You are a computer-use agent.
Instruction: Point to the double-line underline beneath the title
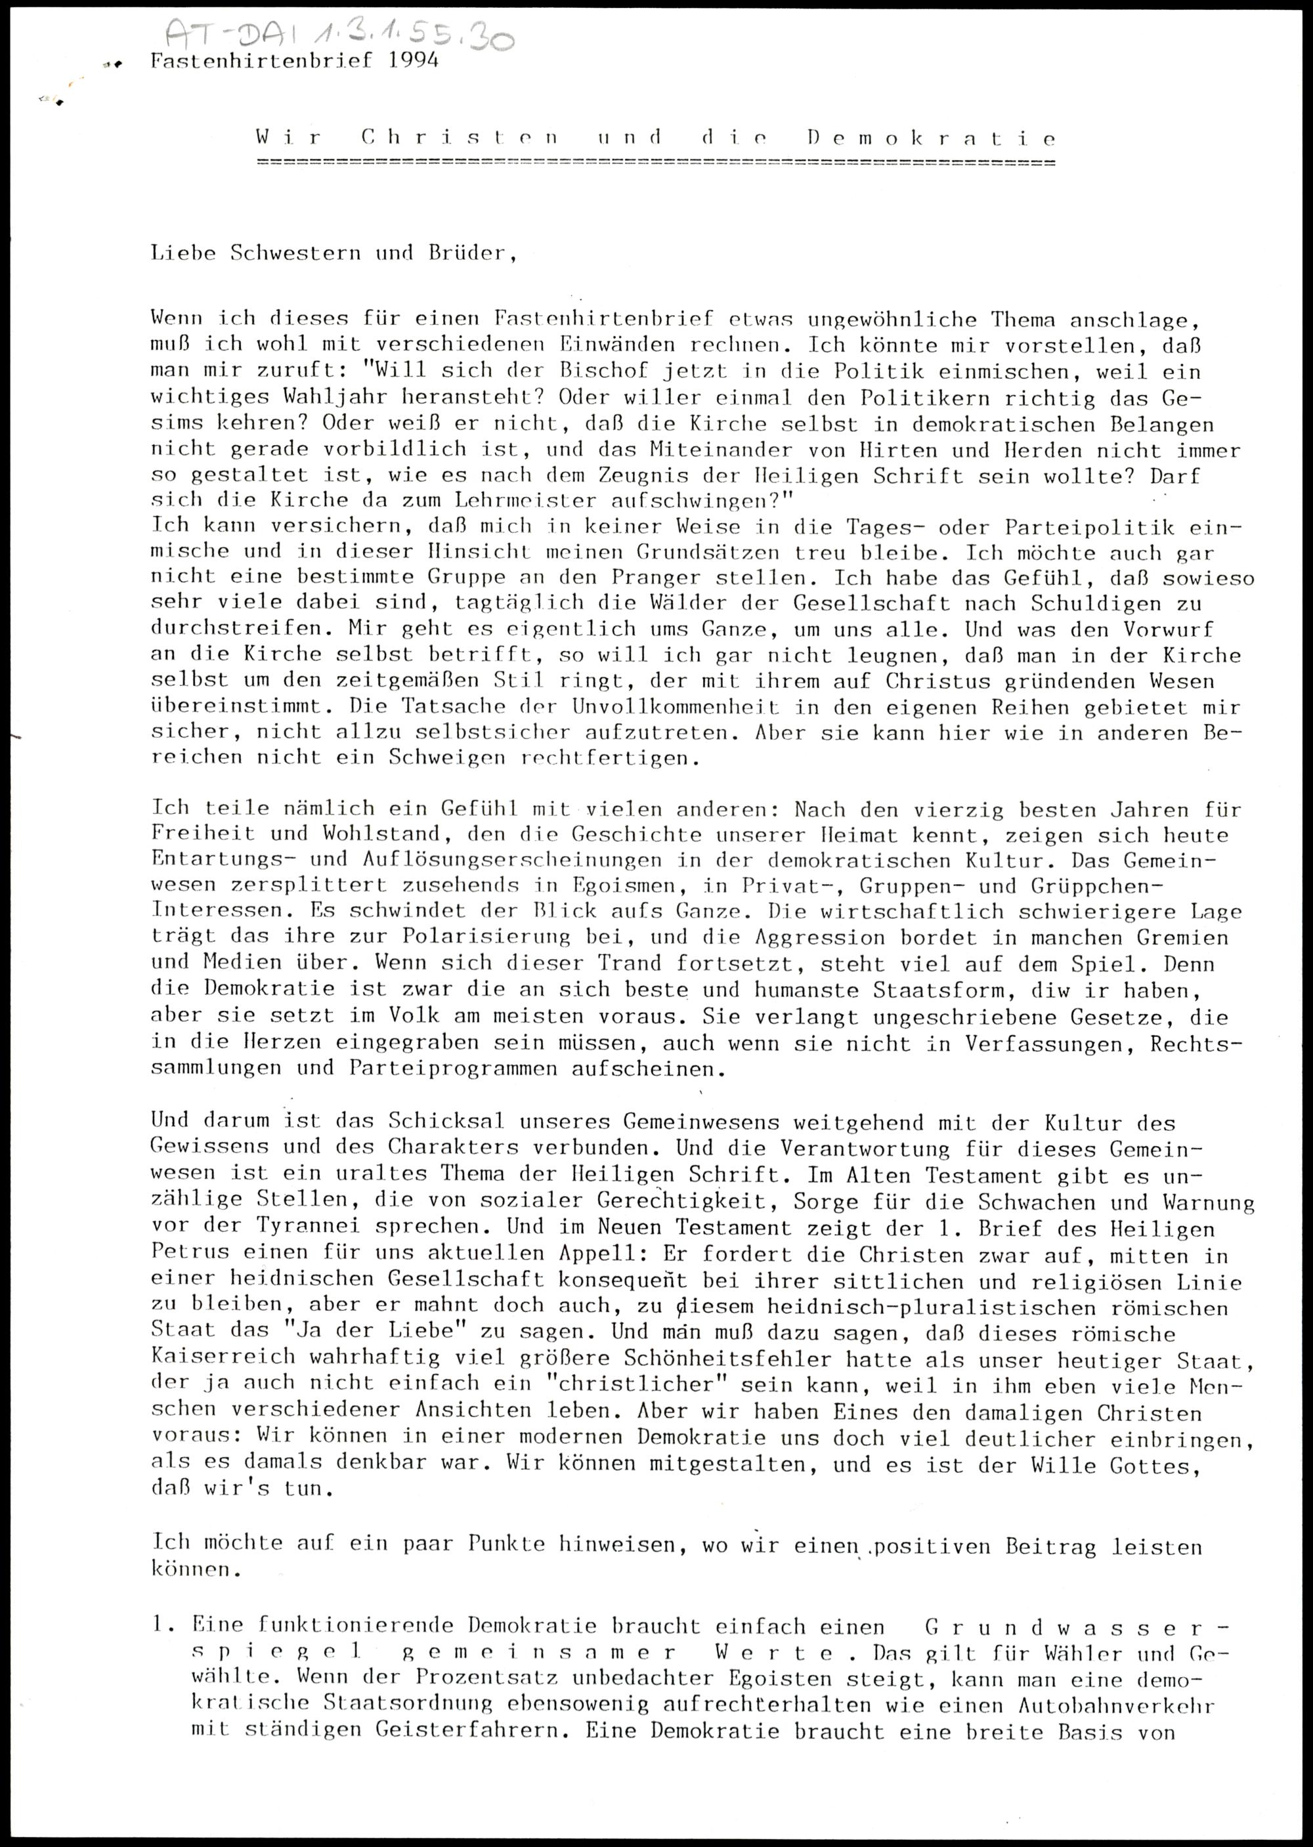click(x=655, y=163)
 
